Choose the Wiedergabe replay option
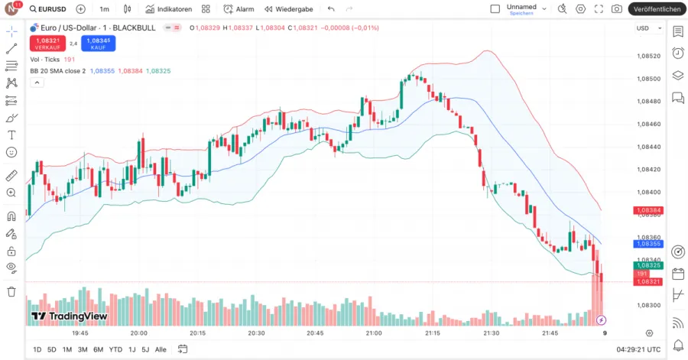[x=288, y=9]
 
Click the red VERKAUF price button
[x=47, y=44]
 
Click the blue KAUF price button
[x=99, y=44]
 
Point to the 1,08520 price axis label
[x=648, y=56]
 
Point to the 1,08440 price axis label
[x=648, y=147]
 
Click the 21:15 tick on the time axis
[x=432, y=333]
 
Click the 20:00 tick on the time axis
[x=138, y=333]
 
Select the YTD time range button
[x=115, y=349]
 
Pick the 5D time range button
[x=52, y=349]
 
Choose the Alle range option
[x=161, y=349]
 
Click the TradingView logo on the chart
[x=69, y=316]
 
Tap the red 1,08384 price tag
[x=647, y=210]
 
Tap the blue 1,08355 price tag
[x=647, y=244]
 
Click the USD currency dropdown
[x=646, y=28]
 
